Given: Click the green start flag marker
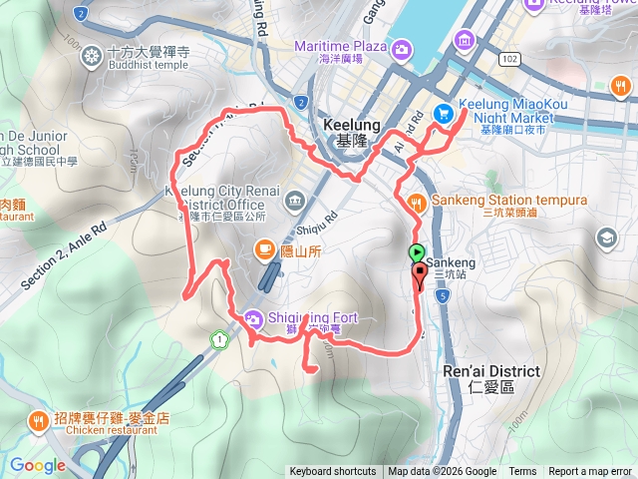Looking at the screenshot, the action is pyautogui.click(x=417, y=253).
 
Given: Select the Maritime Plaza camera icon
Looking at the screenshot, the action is pyautogui.click(x=401, y=48).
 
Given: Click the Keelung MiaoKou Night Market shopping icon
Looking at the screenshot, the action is pyautogui.click(x=444, y=114).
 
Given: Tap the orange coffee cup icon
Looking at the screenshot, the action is pyautogui.click(x=264, y=248).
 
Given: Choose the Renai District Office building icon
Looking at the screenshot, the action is pyautogui.click(x=295, y=201).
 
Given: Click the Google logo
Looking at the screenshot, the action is pyautogui.click(x=38, y=465).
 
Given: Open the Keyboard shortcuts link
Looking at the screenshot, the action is pyautogui.click(x=333, y=472).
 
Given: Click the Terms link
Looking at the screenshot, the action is pyautogui.click(x=522, y=472).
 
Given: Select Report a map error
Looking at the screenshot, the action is pyautogui.click(x=590, y=472).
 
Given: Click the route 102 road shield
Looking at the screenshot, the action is pyautogui.click(x=510, y=60).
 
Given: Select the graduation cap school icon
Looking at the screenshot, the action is pyautogui.click(x=606, y=238).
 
